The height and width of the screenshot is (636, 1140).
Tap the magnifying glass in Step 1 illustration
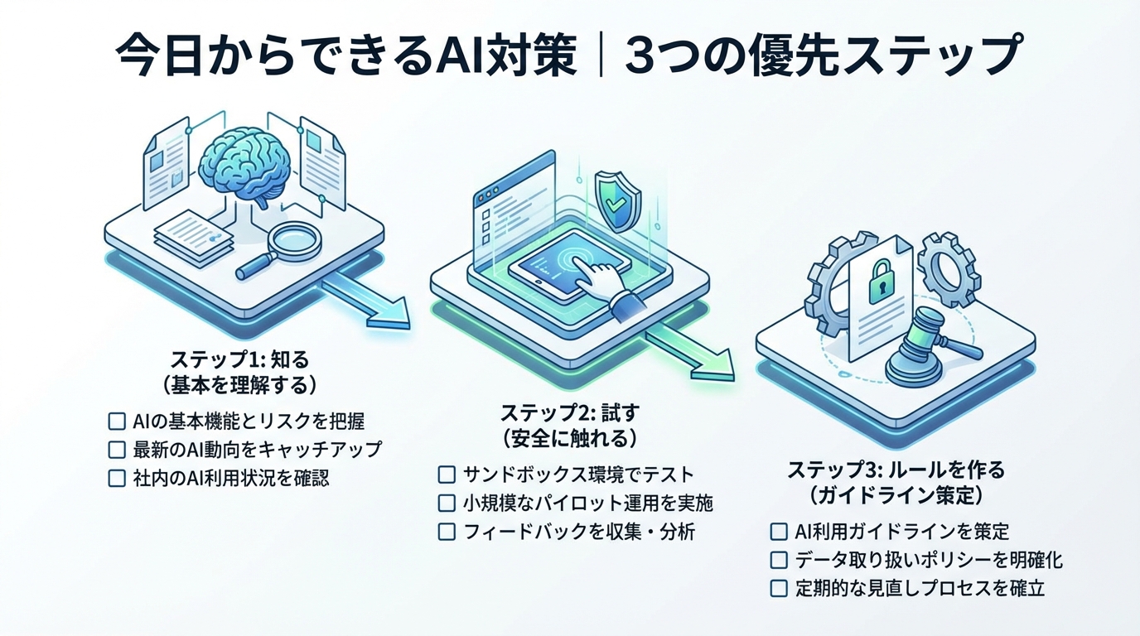click(286, 245)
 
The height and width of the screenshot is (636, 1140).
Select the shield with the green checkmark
click(618, 199)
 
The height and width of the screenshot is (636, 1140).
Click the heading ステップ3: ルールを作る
click(896, 470)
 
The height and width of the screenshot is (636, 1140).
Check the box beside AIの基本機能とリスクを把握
click(117, 422)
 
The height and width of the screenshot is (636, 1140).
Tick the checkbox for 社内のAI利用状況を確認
click(117, 478)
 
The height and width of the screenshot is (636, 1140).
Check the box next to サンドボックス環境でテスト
click(447, 475)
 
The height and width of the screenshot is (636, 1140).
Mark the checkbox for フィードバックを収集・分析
click(447, 532)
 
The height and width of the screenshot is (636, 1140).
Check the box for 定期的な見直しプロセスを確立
click(779, 588)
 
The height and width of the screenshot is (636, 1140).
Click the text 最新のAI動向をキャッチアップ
click(257, 450)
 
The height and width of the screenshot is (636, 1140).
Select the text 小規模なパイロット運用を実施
click(588, 503)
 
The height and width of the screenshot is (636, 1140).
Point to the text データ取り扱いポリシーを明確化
click(928, 560)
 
